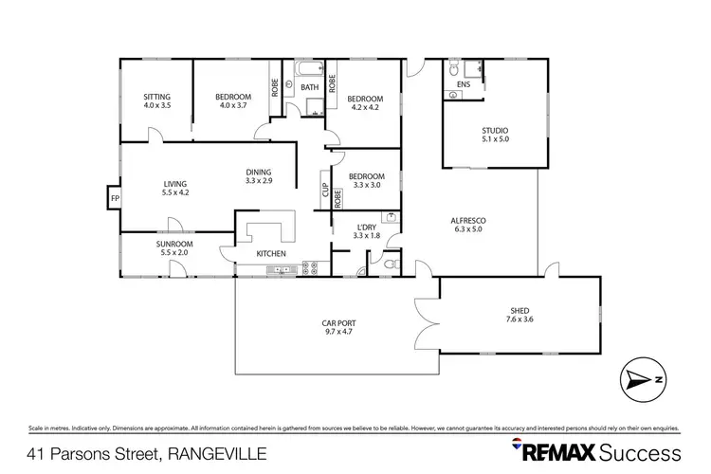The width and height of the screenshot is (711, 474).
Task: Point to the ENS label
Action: [x=463, y=85]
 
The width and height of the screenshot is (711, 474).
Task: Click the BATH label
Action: [x=309, y=88]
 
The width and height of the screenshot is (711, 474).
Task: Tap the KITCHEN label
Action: [x=271, y=254]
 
